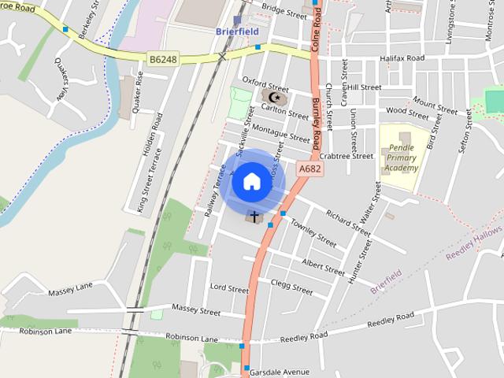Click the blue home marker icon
tap(251, 181)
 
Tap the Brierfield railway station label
tap(236, 31)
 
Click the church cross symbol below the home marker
tap(254, 215)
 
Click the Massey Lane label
tap(70, 292)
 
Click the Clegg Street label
tap(291, 285)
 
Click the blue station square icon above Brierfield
tap(238, 19)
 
